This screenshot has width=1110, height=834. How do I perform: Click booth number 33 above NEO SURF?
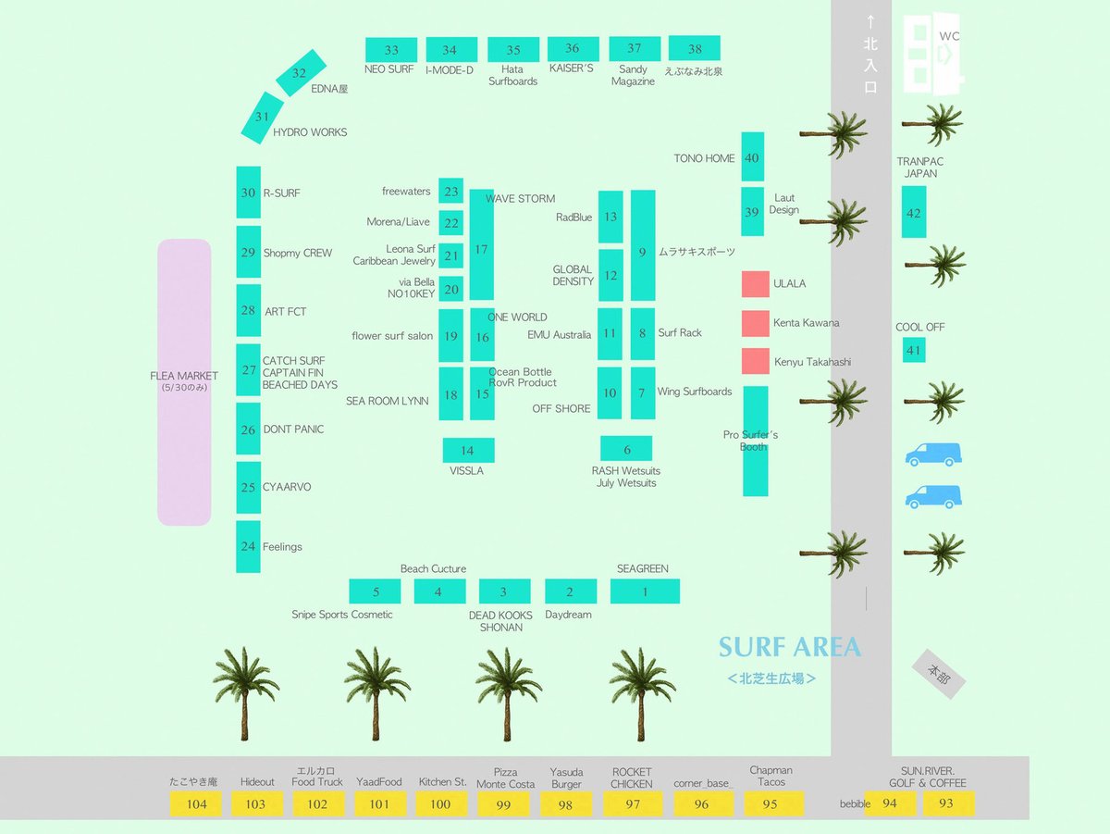tap(391, 50)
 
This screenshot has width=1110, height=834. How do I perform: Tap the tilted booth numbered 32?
tap(301, 72)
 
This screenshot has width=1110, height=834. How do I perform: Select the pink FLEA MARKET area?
tap(184, 382)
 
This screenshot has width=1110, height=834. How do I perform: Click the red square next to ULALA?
tap(756, 284)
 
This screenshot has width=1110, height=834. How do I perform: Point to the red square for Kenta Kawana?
tap(756, 323)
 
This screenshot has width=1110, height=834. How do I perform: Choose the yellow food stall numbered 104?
tap(196, 803)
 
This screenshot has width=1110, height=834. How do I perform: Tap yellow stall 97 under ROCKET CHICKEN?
tap(632, 803)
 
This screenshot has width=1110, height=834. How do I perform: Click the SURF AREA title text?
tap(789, 647)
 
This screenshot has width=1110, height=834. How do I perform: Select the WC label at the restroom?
tap(949, 36)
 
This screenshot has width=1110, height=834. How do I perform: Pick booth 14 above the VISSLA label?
tap(468, 450)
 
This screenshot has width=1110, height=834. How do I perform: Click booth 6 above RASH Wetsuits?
tap(626, 448)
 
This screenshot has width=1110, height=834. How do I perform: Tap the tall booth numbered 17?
tap(481, 244)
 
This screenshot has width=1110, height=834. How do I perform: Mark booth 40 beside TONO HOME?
tap(752, 156)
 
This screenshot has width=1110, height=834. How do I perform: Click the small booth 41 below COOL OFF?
tap(914, 350)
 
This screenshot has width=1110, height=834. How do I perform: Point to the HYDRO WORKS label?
tap(310, 132)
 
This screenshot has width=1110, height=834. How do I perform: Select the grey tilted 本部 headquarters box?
tap(939, 674)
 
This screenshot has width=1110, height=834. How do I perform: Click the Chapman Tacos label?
tap(771, 776)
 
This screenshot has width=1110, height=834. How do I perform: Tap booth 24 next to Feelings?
tap(248, 546)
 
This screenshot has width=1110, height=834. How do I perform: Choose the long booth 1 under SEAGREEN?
tap(645, 591)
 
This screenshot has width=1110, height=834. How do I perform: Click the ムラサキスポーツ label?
tap(697, 252)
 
